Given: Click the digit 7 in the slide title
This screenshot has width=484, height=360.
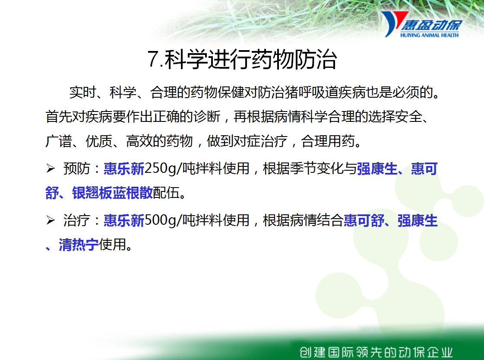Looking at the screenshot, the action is click(x=153, y=59).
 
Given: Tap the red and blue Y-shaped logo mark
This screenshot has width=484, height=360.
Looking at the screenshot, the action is click(x=394, y=23).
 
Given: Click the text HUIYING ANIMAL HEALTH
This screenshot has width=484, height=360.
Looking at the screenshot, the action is click(x=429, y=35).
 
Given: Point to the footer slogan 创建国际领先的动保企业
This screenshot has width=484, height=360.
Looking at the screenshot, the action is click(x=376, y=352).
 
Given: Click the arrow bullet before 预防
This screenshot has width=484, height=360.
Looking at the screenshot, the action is click(x=51, y=169).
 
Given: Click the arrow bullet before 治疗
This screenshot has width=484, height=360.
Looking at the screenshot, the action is click(x=51, y=220).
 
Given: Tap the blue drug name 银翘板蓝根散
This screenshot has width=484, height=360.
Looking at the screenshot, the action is click(x=112, y=193).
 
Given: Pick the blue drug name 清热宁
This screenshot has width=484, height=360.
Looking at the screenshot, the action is click(x=79, y=245).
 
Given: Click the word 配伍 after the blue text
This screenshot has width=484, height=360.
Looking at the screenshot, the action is click(x=166, y=193).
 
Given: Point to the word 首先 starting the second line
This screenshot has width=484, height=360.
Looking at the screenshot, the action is click(x=59, y=117).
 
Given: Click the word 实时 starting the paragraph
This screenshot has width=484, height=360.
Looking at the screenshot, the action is click(x=82, y=92).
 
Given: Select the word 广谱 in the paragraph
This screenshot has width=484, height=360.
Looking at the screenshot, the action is click(x=59, y=141).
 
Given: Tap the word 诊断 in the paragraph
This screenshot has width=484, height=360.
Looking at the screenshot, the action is click(x=207, y=117).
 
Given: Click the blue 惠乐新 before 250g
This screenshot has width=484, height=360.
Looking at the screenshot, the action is click(x=124, y=169).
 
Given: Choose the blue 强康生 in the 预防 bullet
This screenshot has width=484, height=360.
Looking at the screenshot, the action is click(x=377, y=169).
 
